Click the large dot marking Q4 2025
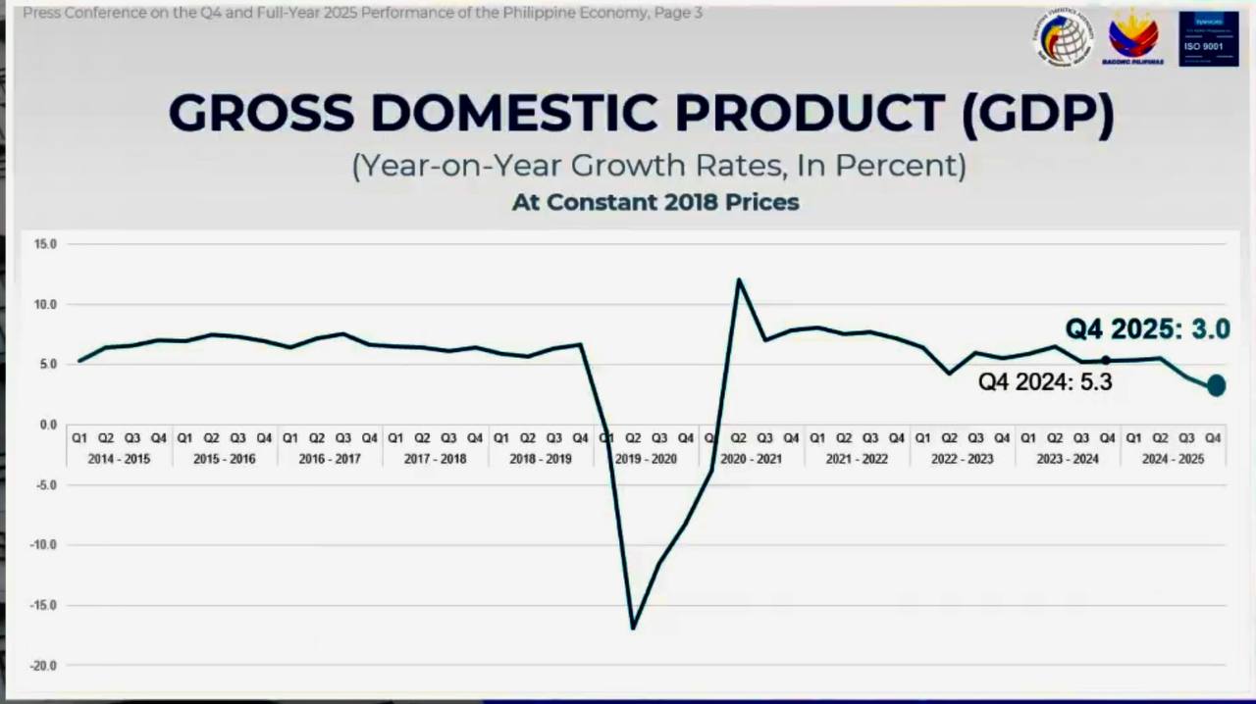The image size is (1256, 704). (1216, 385)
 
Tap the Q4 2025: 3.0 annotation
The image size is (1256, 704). (1147, 329)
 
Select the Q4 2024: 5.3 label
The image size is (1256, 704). (1045, 382)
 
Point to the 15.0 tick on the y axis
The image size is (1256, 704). (44, 244)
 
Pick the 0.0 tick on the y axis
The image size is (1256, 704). (47, 425)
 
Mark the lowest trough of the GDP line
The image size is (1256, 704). (633, 628)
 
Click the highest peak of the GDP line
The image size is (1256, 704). (739, 280)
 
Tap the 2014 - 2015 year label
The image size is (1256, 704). (119, 459)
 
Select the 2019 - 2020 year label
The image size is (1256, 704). (646, 459)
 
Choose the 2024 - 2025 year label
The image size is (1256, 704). (1173, 459)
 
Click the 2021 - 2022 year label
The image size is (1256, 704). (857, 459)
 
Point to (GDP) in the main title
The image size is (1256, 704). (1038, 113)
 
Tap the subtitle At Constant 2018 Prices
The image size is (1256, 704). (655, 202)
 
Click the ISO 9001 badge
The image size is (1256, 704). (1208, 39)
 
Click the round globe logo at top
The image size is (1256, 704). (1063, 38)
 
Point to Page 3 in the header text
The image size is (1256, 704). (677, 13)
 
